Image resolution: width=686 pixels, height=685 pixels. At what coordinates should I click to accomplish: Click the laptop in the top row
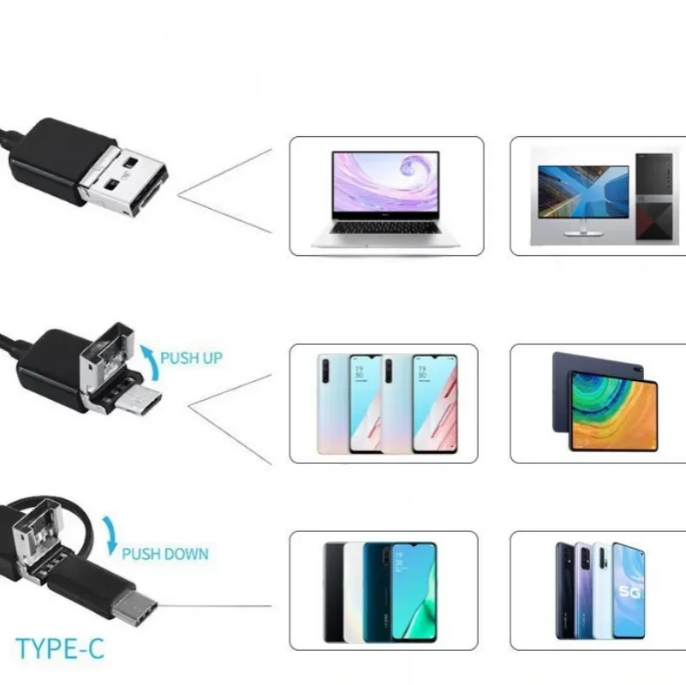click(x=385, y=197)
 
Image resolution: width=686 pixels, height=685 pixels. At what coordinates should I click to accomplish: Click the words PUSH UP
click(x=191, y=357)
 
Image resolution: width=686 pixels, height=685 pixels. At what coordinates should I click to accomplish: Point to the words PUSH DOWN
click(x=164, y=553)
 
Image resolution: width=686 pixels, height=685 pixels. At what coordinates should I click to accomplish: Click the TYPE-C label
click(x=60, y=648)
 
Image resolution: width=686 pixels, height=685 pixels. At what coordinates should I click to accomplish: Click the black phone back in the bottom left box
click(x=333, y=591)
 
